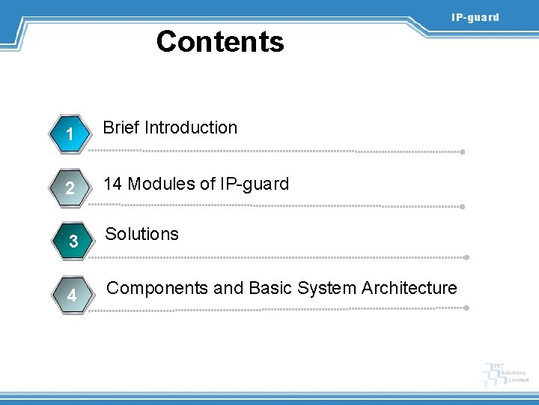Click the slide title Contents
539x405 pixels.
[x=220, y=41]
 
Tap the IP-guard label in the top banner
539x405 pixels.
[x=474, y=17]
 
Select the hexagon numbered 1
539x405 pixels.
[x=68, y=135]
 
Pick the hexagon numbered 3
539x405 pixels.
[x=73, y=241]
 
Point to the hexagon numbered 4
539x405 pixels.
[x=70, y=295]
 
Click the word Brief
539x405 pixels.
[x=121, y=127]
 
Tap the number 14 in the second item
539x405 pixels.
[x=113, y=184]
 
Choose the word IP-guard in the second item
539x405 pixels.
[x=254, y=184]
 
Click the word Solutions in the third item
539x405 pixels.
[x=141, y=234]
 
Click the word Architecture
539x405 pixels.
[x=409, y=288]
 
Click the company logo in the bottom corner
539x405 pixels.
[x=506, y=373]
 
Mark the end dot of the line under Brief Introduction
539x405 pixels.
[x=463, y=151]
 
